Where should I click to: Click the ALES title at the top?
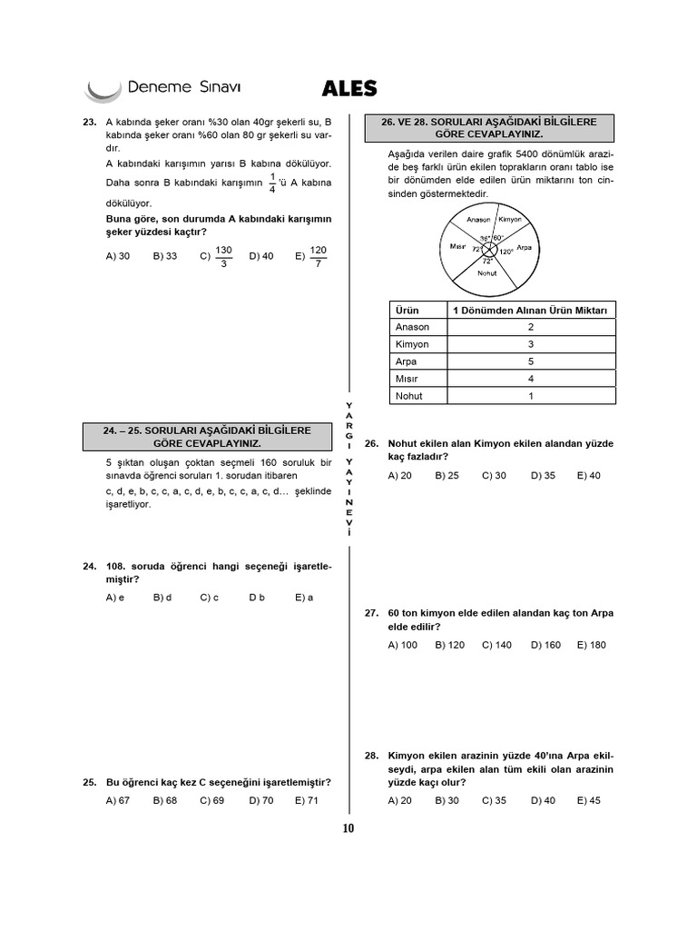pos(349,88)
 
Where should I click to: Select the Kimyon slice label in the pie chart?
pos(510,219)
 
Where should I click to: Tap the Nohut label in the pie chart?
pos(487,272)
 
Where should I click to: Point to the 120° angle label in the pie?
pos(506,251)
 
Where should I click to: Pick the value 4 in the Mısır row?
pos(530,379)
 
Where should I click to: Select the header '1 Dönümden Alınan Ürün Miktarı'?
pos(530,311)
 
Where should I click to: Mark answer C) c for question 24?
pos(210,598)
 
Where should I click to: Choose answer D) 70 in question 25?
pos(260,800)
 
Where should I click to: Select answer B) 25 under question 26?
pos(447,475)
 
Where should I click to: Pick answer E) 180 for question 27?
pos(591,645)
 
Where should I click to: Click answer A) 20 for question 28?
pos(399,800)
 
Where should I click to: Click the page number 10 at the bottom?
pos(348,827)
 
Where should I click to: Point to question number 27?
pos(371,613)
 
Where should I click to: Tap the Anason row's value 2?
pos(530,327)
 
